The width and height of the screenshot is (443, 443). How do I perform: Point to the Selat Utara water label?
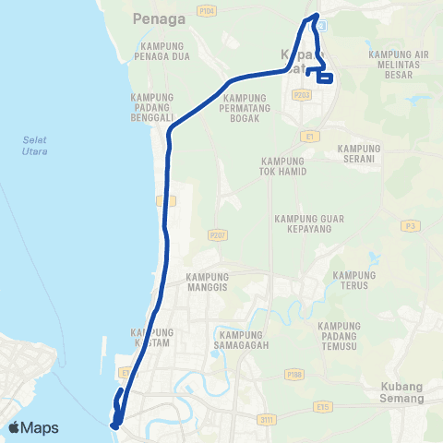(35, 145)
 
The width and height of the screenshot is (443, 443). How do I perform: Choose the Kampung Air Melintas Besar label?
(398, 66)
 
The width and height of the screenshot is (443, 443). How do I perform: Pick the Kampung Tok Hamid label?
(289, 165)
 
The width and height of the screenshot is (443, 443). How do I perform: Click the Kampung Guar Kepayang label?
(308, 224)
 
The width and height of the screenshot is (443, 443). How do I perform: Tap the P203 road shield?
(301, 94)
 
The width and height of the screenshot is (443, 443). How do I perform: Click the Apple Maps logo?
(33, 427)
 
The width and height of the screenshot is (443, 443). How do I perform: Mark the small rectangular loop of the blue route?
(324, 78)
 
